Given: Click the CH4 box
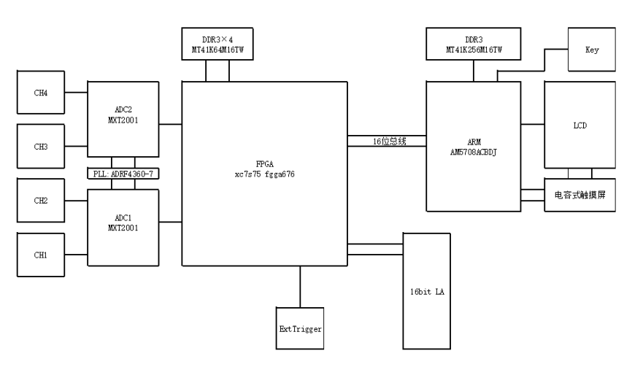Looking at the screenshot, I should click(x=40, y=92).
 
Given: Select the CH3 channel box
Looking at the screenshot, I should click(x=40, y=146).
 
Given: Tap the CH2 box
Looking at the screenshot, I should click(x=40, y=200).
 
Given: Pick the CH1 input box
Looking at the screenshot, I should click(x=40, y=254).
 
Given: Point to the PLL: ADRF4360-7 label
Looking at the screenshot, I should click(x=123, y=174).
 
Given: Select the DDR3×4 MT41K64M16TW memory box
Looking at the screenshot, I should click(x=218, y=44).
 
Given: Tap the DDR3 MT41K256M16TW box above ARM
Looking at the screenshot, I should click(x=473, y=44).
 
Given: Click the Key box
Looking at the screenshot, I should click(x=591, y=50).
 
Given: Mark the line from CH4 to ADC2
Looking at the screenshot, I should click(x=76, y=92).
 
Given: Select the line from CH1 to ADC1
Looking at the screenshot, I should click(x=76, y=254).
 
